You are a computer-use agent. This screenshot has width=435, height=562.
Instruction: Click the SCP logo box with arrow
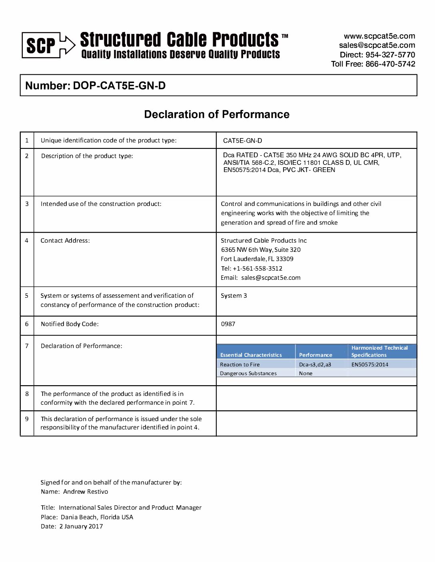(x=48, y=45)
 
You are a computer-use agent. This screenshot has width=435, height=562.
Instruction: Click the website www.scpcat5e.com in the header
(x=379, y=36)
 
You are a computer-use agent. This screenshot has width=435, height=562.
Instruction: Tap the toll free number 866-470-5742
(x=390, y=64)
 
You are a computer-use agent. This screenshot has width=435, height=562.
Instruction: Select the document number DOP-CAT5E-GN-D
(x=119, y=85)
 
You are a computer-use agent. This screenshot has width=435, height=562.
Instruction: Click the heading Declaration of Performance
(x=217, y=115)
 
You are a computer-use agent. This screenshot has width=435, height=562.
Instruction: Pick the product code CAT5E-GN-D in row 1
(x=243, y=140)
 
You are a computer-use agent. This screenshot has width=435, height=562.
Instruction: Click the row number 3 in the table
(x=27, y=204)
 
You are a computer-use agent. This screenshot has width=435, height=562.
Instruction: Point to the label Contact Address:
(x=65, y=241)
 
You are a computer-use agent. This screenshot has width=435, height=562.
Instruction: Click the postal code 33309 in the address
(x=285, y=259)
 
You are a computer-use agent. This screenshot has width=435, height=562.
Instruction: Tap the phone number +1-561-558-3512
(x=257, y=269)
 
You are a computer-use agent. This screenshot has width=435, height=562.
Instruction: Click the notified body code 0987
(x=228, y=324)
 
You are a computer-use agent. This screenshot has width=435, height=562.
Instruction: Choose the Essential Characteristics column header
(x=251, y=355)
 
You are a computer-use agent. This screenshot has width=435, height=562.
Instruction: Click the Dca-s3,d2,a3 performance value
(x=315, y=364)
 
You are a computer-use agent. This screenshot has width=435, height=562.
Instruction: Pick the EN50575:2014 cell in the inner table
(x=370, y=364)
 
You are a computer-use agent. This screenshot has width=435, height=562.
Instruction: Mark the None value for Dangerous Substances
(x=306, y=374)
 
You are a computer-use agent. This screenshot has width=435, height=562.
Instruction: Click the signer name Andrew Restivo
(x=86, y=492)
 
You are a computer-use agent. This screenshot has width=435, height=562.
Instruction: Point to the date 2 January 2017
(x=81, y=526)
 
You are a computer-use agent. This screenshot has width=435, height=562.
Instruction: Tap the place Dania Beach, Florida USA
(x=97, y=517)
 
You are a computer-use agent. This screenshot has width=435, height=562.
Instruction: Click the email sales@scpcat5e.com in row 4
(x=271, y=278)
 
